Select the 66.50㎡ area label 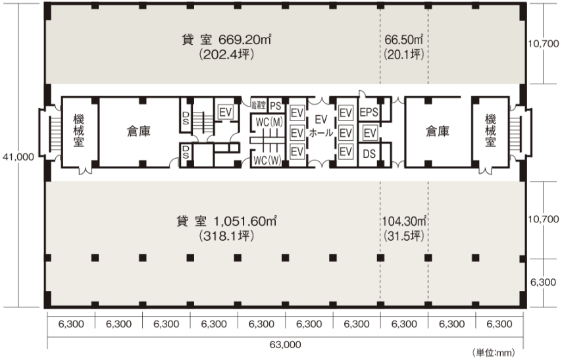(x=404, y=39)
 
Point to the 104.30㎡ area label (x=404, y=221)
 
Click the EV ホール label (x=321, y=126)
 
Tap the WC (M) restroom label (x=269, y=122)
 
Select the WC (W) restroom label (x=267, y=161)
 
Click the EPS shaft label (x=369, y=113)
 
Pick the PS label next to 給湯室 (x=276, y=106)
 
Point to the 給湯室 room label (x=259, y=105)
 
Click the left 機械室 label (x=78, y=130)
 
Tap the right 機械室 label (x=490, y=130)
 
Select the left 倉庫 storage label (x=139, y=131)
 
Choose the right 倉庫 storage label (x=438, y=131)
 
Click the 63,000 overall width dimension (x=286, y=345)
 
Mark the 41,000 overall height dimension (x=18, y=157)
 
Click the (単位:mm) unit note (x=494, y=353)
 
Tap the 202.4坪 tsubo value (x=226, y=55)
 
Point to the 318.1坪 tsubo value (x=226, y=236)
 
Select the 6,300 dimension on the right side (x=544, y=282)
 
